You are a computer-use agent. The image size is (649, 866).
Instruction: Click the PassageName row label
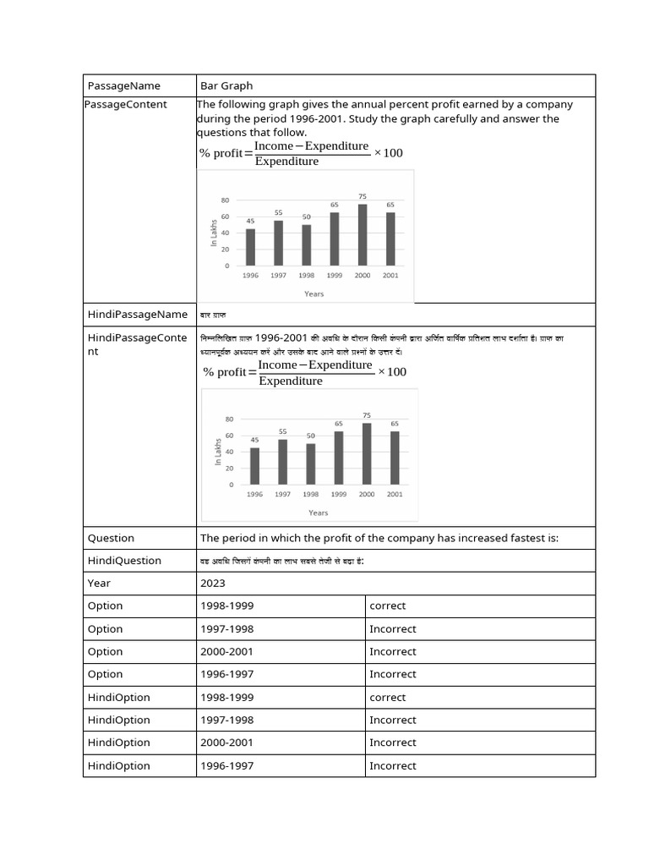(x=123, y=85)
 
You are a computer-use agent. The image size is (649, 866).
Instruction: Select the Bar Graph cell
(x=226, y=85)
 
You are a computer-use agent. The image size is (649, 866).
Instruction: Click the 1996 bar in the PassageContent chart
(x=250, y=247)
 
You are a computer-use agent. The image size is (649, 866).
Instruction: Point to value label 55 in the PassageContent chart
(x=278, y=212)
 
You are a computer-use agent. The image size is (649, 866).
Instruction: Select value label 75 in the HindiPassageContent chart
(x=367, y=415)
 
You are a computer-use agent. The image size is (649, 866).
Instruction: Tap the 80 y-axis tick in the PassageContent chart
(x=225, y=200)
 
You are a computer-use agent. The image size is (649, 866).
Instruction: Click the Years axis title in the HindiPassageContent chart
(x=319, y=512)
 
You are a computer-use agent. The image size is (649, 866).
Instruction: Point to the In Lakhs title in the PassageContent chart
(x=214, y=233)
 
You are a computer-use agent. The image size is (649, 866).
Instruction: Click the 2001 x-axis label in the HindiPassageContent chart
(x=395, y=495)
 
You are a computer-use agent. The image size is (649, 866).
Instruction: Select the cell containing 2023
(x=213, y=583)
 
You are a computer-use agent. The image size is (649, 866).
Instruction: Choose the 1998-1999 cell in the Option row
(x=226, y=606)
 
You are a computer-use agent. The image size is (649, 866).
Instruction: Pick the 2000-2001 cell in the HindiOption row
(x=226, y=743)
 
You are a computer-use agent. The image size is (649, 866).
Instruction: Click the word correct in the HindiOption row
(x=388, y=698)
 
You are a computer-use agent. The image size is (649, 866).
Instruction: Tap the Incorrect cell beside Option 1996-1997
(x=393, y=674)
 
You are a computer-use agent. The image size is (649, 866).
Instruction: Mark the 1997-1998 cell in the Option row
(x=226, y=629)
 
